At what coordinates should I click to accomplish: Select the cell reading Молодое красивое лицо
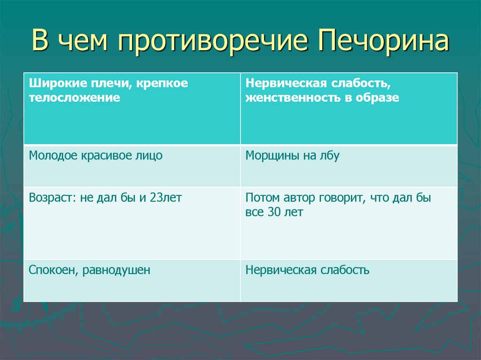[x=96, y=155]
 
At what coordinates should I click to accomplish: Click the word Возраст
[x=48, y=198]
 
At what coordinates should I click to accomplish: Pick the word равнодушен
[x=116, y=270]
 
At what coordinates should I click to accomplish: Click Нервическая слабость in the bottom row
[x=307, y=270]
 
